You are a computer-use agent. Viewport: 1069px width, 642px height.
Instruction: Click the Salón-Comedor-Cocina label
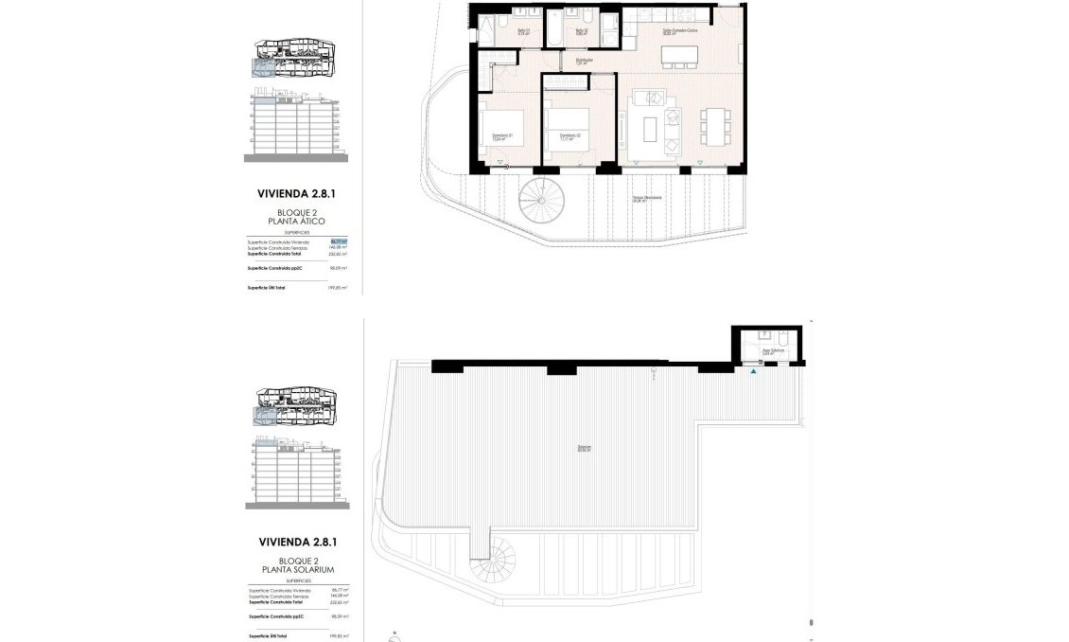(x=678, y=31)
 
